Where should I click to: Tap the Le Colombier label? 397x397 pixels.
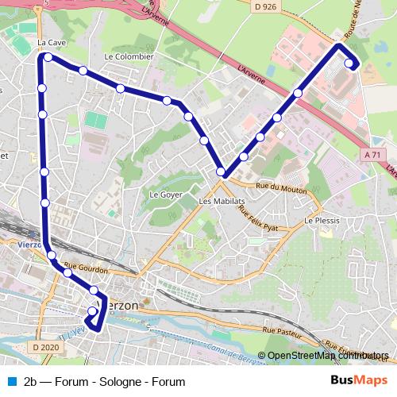click(x=128, y=57)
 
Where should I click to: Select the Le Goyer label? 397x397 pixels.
click(x=166, y=194)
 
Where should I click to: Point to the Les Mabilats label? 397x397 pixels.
click(x=218, y=202)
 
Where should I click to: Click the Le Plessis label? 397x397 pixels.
click(x=322, y=221)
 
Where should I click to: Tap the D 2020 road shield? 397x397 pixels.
click(x=47, y=348)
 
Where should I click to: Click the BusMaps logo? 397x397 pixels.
click(x=359, y=380)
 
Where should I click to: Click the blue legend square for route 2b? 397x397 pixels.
click(x=11, y=381)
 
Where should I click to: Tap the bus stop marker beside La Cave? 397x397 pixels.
click(x=48, y=57)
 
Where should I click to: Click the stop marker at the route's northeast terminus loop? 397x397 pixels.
click(x=349, y=64)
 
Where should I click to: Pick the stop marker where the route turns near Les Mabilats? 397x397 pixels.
click(x=222, y=172)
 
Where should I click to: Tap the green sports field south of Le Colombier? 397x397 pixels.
click(x=95, y=122)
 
